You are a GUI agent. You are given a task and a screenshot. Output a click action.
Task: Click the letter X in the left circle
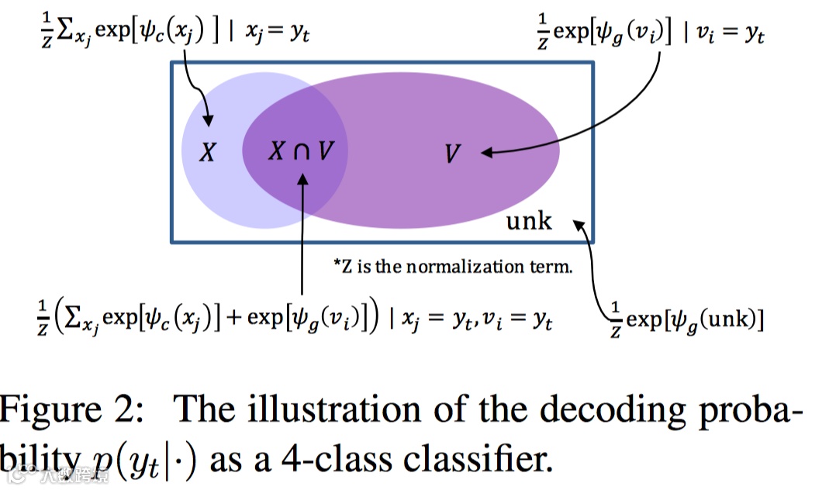point(207,153)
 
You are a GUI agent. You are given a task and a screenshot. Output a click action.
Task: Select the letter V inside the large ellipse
point(453,154)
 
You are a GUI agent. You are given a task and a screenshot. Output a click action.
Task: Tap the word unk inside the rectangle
point(529,221)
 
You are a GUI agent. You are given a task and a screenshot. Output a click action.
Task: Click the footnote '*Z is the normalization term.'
point(453,267)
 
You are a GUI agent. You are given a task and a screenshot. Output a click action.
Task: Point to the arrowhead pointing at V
point(487,153)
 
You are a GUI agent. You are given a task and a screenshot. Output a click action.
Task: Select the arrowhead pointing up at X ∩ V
point(302,179)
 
